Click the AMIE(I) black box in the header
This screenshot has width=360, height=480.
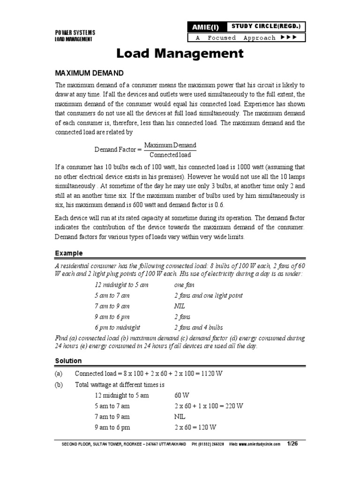click(204, 27)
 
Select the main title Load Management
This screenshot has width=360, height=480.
click(180, 54)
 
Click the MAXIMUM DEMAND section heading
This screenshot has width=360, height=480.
click(89, 73)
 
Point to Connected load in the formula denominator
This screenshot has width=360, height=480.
click(170, 155)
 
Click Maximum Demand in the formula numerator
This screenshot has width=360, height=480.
click(170, 145)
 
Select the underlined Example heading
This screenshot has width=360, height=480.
click(69, 253)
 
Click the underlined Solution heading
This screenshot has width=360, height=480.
click(68, 361)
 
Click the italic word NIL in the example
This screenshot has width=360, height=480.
click(180, 306)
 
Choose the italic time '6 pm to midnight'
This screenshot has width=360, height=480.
click(117, 327)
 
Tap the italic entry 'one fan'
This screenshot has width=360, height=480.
click(184, 285)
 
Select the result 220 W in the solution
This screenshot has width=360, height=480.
click(233, 406)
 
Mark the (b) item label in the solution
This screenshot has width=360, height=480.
click(59, 384)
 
